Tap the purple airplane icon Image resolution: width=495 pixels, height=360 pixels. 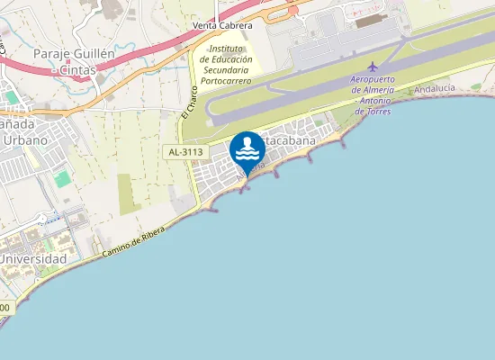(373, 67)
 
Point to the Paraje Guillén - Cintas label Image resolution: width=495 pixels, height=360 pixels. (74, 62)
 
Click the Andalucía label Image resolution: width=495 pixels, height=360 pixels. (434, 88)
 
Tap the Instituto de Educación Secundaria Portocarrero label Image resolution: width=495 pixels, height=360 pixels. (226, 64)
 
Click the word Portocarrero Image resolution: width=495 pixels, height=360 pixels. (226, 80)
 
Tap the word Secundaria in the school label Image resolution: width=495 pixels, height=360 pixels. (226, 69)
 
